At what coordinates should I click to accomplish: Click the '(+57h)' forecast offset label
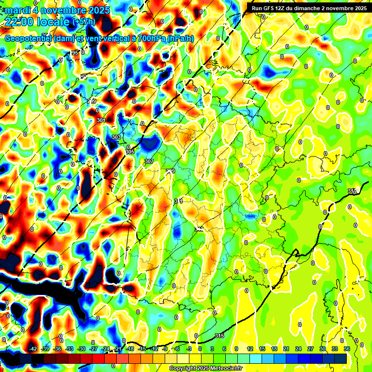point(83,22)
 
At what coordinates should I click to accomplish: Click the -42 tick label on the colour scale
point(33,349)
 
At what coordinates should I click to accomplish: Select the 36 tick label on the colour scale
point(347,349)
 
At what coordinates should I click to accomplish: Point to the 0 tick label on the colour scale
point(201,349)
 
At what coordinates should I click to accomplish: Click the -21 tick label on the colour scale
point(118,349)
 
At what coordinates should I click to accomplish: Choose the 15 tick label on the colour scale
point(262,349)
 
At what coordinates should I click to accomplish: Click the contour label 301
point(101,120)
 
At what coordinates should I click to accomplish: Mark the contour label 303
point(116,138)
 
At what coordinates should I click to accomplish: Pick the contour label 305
point(130,152)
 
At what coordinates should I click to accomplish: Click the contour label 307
point(149,161)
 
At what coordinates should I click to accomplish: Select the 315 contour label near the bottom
point(219,336)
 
